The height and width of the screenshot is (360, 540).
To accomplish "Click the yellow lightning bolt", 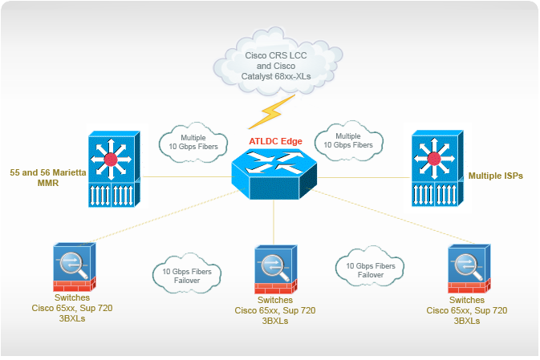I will pos(271,113).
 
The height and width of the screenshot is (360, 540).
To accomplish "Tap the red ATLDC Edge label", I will pos(275,142).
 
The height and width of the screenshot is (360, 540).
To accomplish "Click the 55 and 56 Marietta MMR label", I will pos(43,177).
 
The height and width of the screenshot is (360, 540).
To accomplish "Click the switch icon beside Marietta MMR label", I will pos(112,171).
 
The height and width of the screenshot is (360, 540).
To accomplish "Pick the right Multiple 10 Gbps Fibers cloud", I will pos(347,140).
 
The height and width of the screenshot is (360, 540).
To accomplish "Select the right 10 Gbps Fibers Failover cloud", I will pos(370,269).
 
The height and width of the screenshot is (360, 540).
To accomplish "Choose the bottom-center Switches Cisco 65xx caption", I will pos(274,310).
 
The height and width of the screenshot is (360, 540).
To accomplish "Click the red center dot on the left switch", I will pos(111,160).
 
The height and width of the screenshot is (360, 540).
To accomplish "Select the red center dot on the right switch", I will pos(436,160).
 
